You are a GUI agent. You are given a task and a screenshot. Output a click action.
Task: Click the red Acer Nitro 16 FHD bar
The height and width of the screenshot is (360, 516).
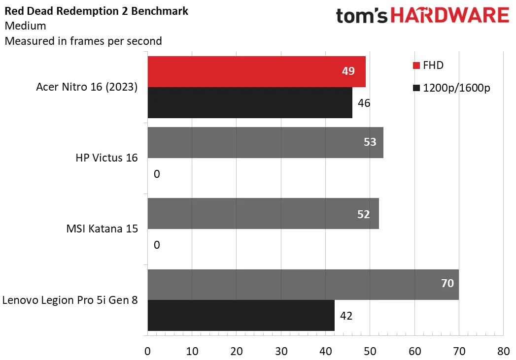(x=256, y=71)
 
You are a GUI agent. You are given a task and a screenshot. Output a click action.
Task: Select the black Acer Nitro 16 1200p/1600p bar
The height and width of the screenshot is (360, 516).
(x=249, y=102)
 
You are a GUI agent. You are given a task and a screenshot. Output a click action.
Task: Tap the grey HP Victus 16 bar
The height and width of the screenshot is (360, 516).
(x=265, y=142)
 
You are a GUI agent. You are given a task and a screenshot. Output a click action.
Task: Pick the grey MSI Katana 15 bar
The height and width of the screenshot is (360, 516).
(x=263, y=213)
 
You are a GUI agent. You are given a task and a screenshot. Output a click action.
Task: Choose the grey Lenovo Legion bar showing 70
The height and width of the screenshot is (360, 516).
(x=303, y=284)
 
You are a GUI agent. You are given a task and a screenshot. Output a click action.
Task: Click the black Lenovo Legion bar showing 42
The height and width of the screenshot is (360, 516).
(x=241, y=316)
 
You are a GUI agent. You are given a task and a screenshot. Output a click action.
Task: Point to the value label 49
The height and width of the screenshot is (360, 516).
(x=348, y=71)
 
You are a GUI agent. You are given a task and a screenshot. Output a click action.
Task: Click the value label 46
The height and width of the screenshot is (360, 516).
(x=364, y=103)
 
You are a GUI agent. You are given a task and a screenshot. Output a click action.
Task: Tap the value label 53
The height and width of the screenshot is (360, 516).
(x=370, y=142)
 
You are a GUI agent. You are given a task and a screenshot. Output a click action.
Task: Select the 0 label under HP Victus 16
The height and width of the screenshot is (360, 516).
(x=157, y=174)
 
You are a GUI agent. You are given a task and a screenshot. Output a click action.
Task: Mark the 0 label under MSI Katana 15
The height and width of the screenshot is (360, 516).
(x=157, y=245)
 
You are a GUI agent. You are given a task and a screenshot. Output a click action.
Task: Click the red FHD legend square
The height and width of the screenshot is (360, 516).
(x=416, y=65)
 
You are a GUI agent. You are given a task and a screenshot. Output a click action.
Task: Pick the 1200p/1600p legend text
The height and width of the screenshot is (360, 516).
(x=457, y=88)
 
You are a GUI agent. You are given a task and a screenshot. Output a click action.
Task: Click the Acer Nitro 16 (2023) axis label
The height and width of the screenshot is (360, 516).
(x=87, y=87)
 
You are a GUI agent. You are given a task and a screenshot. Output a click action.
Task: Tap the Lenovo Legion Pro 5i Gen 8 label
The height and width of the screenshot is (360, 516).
(x=70, y=300)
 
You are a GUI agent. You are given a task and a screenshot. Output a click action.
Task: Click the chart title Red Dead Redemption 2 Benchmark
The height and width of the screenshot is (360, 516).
(x=96, y=11)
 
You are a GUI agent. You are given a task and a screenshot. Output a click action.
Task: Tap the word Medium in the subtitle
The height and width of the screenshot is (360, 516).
(x=25, y=26)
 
